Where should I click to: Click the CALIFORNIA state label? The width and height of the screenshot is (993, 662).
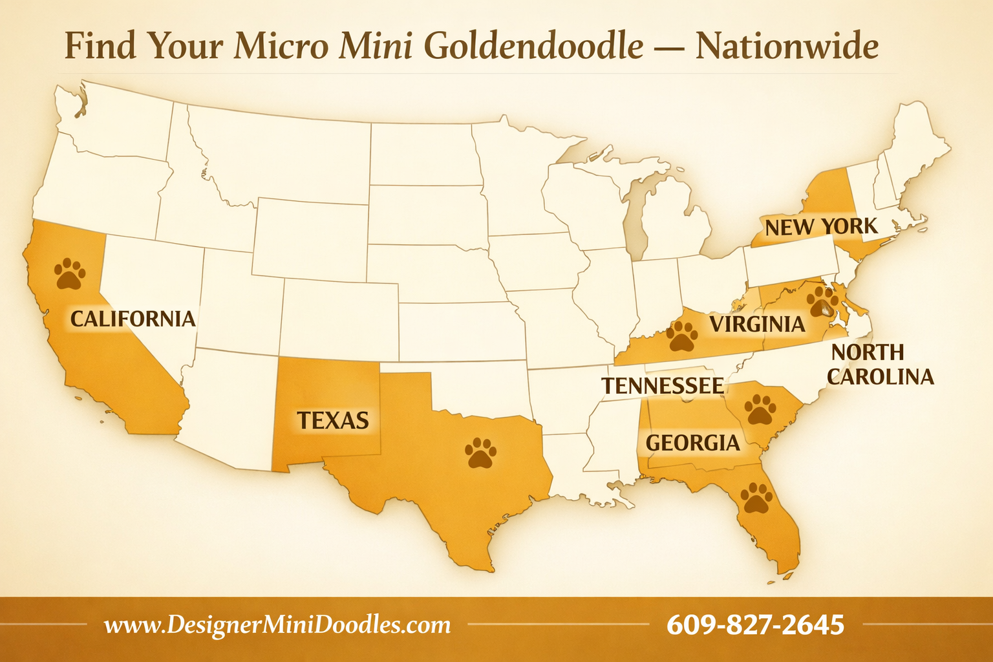[133, 319]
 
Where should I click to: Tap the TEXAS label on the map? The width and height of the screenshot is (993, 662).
[333, 420]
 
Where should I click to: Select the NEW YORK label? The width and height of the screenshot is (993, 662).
[821, 227]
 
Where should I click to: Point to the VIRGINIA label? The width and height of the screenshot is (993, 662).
[758, 324]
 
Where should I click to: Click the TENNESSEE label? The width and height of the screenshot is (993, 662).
[663, 386]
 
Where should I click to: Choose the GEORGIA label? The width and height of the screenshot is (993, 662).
[693, 443]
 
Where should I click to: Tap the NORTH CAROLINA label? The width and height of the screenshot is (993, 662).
[881, 364]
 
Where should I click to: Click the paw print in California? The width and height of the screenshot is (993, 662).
[70, 274]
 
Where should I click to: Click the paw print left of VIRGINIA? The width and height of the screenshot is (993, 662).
[682, 336]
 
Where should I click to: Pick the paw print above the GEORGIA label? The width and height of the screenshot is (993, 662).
[760, 410]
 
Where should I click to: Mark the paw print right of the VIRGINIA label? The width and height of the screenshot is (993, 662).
[822, 301]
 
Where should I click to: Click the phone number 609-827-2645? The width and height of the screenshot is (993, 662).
[755, 625]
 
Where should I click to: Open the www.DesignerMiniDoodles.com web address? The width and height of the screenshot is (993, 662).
[277, 625]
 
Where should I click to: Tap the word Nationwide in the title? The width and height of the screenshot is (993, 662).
[787, 47]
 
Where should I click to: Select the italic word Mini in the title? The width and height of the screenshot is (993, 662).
[376, 47]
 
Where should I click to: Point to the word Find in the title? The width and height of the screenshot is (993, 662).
[100, 47]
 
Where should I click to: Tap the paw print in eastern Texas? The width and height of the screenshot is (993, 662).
[481, 453]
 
